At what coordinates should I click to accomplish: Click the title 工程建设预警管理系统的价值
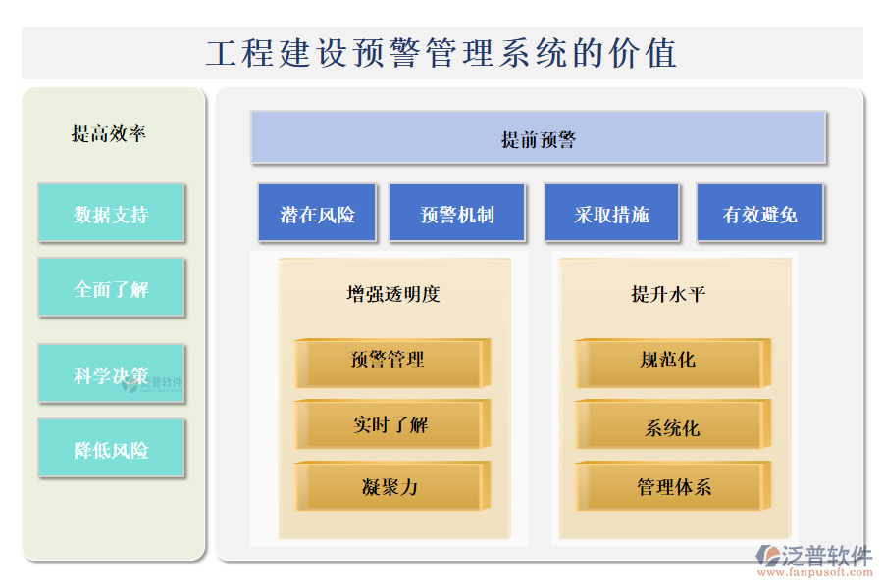[441, 53]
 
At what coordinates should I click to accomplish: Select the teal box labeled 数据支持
[112, 213]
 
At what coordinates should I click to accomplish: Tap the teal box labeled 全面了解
[112, 287]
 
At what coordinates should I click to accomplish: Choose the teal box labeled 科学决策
[112, 373]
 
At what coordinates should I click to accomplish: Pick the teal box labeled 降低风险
[112, 449]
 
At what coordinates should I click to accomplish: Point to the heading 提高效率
[109, 134]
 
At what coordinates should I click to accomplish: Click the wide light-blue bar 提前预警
[539, 138]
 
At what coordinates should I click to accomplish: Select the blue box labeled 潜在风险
[317, 213]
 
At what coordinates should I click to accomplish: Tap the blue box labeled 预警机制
[456, 213]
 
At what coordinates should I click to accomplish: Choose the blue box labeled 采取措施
[611, 213]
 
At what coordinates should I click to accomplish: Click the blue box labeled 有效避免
[760, 213]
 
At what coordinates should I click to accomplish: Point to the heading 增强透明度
[393, 294]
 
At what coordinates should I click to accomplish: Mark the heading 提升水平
[668, 294]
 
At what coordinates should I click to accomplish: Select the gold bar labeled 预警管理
[392, 364]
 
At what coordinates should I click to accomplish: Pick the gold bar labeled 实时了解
[392, 424]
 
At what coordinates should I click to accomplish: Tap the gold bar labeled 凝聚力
[392, 486]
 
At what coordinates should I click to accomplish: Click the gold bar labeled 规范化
[673, 364]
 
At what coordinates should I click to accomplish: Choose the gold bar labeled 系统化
[673, 424]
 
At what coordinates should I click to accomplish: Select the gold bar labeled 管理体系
[673, 486]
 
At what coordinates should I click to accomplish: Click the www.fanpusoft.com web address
[815, 572]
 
